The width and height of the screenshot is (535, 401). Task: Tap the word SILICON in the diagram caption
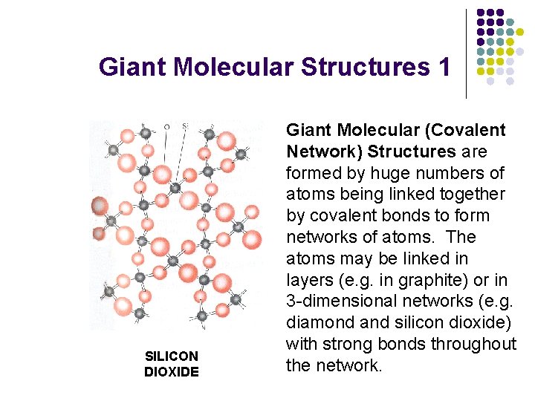(171, 356)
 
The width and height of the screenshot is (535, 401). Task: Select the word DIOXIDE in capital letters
(171, 371)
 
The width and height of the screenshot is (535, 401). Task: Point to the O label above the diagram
(166, 127)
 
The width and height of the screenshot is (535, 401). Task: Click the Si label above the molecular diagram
(185, 127)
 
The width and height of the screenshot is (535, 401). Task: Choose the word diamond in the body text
(318, 323)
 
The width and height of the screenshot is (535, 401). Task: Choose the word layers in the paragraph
(308, 280)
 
